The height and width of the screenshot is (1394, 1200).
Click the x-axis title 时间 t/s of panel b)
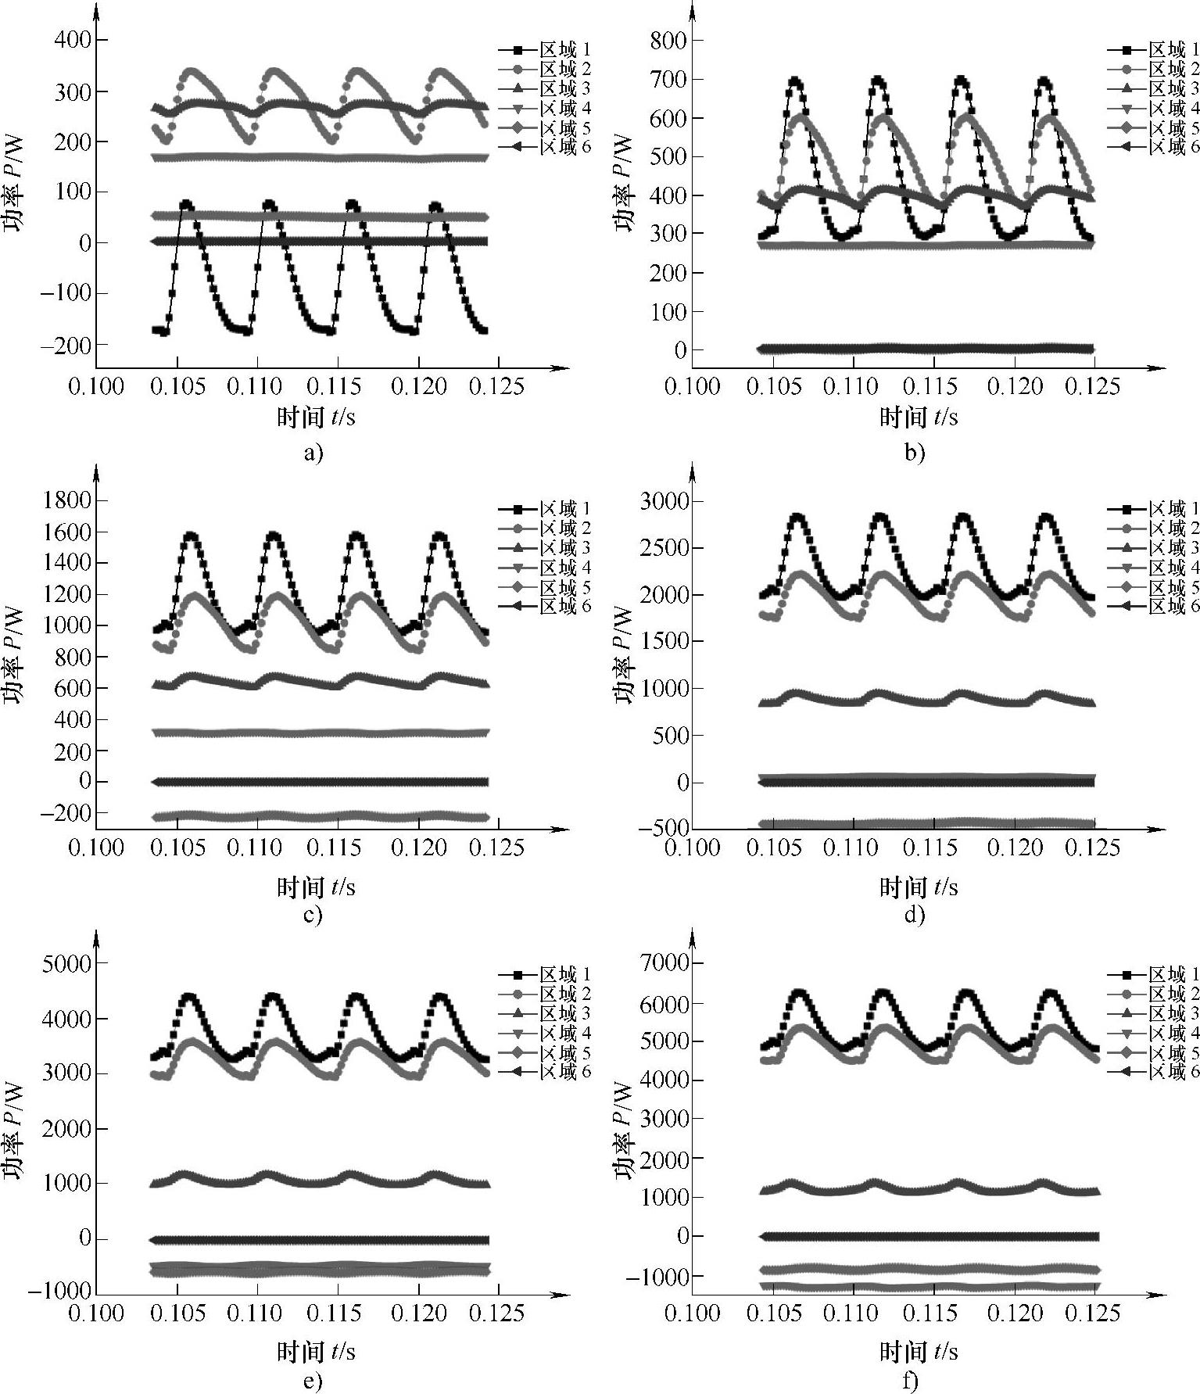pos(919,417)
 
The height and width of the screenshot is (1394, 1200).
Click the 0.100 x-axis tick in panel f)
pos(693,1313)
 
